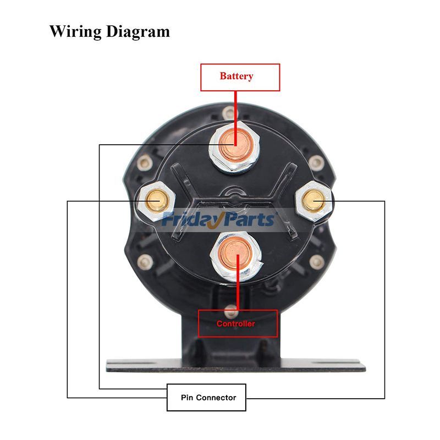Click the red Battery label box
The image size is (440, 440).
tap(240, 76)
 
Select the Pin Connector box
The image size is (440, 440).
tap(206, 397)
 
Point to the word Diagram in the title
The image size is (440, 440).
tap(137, 31)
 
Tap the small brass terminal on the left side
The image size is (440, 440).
tap(156, 202)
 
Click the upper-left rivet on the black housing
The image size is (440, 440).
tap(145, 163)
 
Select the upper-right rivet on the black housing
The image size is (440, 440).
tap(316, 163)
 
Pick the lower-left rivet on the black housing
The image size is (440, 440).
tap(145, 261)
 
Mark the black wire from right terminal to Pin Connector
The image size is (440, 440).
tap(384, 302)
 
